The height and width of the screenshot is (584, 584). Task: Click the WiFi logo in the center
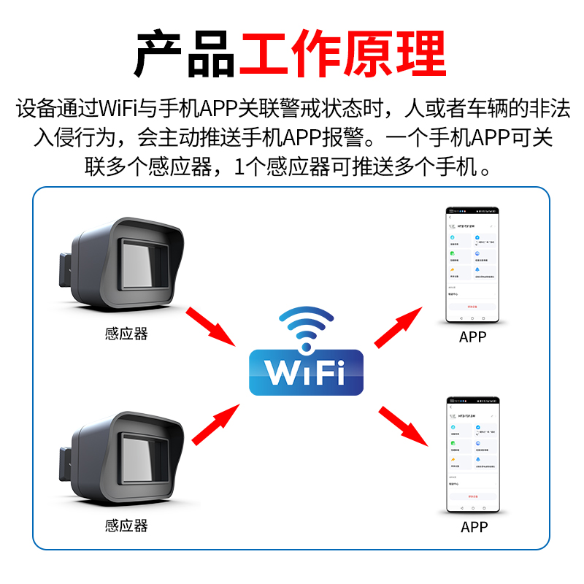click(x=306, y=370)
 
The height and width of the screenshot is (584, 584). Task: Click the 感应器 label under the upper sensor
click(x=126, y=334)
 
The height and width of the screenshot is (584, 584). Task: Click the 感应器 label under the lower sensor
click(x=126, y=526)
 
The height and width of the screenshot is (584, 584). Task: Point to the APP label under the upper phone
click(x=472, y=337)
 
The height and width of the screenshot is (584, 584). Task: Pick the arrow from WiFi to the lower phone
click(x=403, y=426)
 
